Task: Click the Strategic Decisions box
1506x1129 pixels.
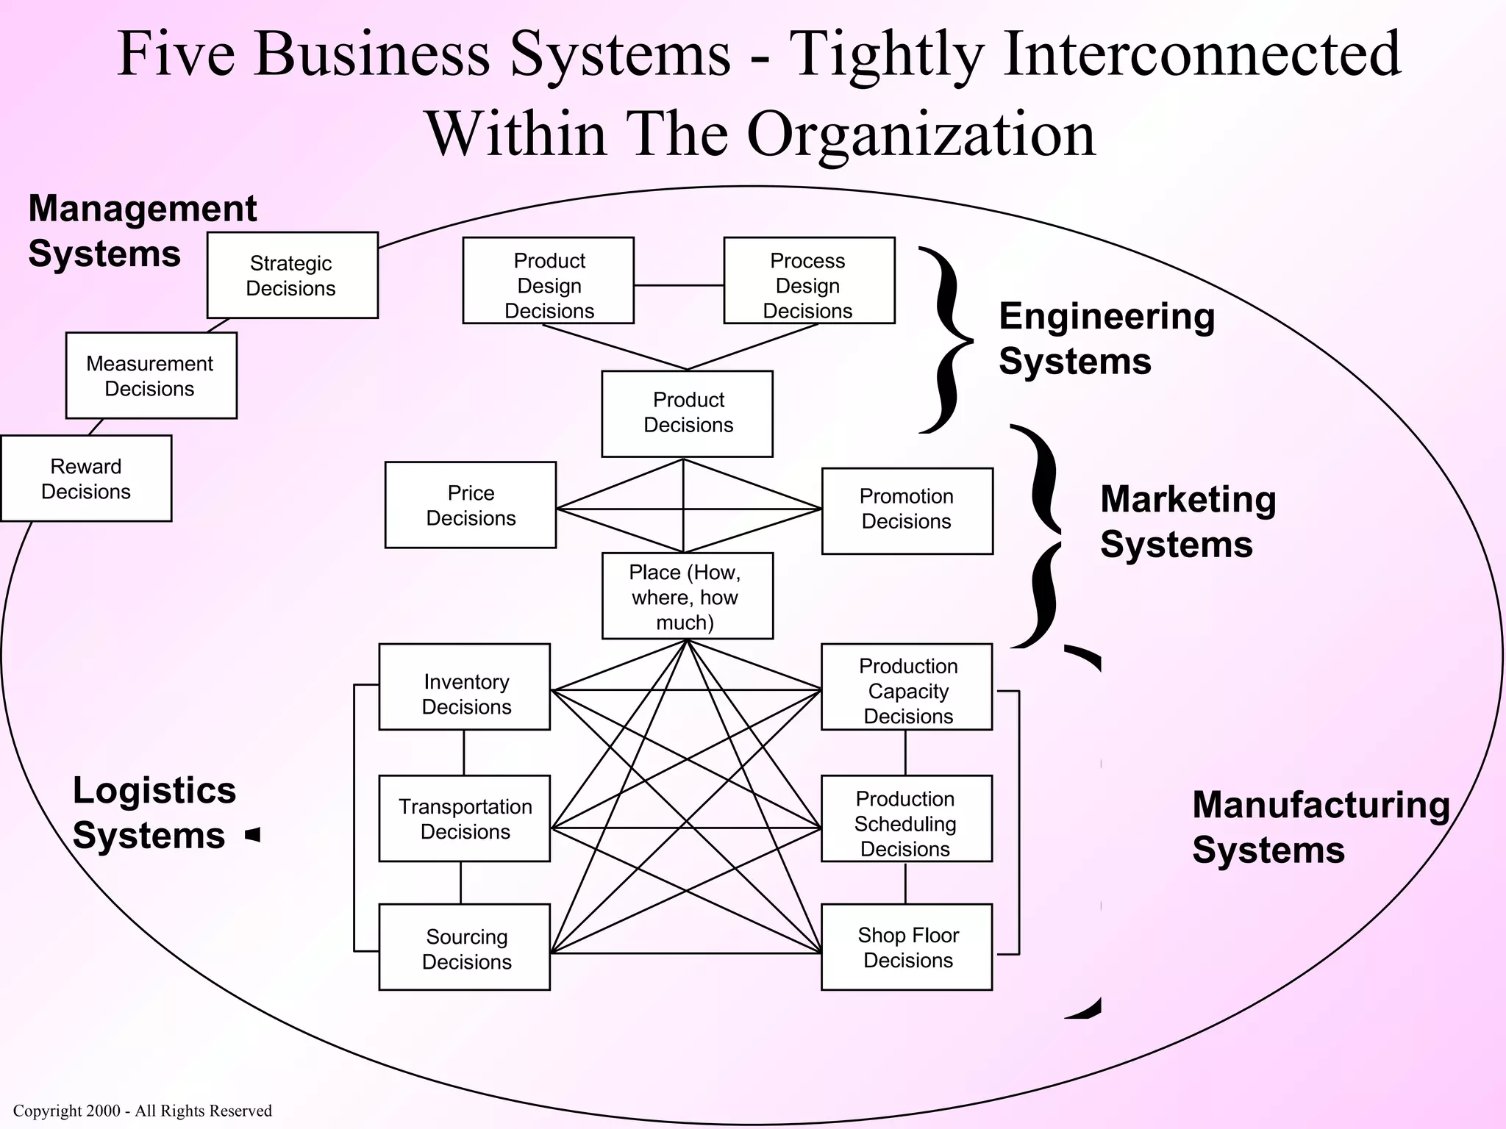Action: point(292,276)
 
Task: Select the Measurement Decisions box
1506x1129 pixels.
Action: point(151,376)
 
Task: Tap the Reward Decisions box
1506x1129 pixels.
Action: point(86,479)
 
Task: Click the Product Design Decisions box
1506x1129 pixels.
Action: point(548,281)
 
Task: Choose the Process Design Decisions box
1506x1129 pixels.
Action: point(809,281)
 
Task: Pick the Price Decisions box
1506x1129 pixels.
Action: point(471,505)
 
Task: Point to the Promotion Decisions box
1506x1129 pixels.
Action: point(907,511)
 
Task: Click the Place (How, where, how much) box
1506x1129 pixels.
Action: point(687,596)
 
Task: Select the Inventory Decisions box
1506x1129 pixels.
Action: point(464,687)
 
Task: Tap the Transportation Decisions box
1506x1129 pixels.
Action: point(464,818)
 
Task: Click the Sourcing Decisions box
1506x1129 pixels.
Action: point(464,947)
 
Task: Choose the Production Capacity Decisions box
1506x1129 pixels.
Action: point(906,687)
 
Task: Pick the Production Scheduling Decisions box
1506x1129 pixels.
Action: point(906,818)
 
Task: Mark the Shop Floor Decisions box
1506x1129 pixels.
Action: point(906,947)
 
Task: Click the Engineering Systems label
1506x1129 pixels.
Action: point(1105,339)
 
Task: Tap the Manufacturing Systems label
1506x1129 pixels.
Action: point(1320,827)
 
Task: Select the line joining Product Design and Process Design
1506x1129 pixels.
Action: point(678,285)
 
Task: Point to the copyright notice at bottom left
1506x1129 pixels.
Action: point(143,1111)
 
